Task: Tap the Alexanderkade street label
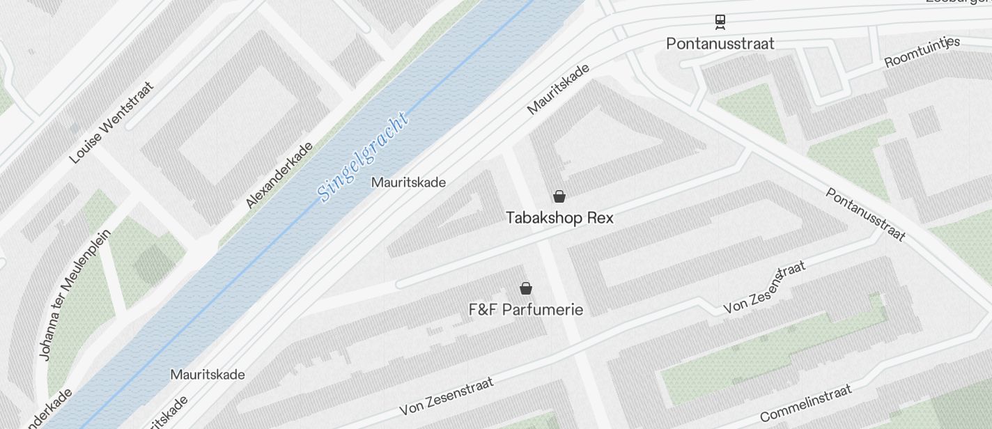pyautogui.click(x=279, y=175)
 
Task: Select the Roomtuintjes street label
pyautogui.click(x=922, y=53)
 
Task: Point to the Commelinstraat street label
pyautogui.click(x=806, y=403)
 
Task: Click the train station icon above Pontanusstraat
pyautogui.click(x=720, y=22)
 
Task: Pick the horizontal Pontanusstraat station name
pyautogui.click(x=720, y=43)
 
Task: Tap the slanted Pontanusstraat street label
pyautogui.click(x=866, y=214)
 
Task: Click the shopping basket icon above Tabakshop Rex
pyautogui.click(x=559, y=196)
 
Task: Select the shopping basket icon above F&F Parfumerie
pyautogui.click(x=526, y=288)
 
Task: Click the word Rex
pyautogui.click(x=600, y=218)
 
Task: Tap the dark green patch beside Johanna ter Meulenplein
pyautogui.click(x=153, y=265)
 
